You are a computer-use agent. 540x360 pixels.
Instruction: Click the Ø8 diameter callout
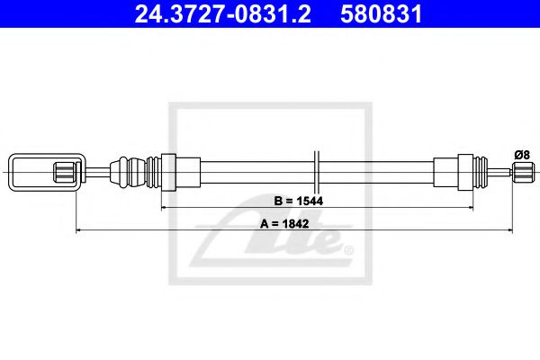pos(521,154)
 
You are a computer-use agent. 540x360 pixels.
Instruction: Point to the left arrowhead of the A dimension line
pos(79,231)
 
